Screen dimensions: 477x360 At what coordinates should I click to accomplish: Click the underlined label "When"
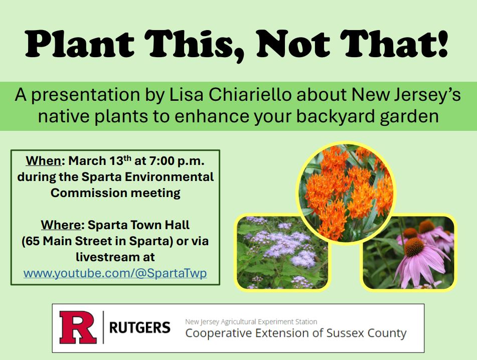coord(44,161)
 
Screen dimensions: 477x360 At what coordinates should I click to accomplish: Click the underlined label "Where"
coord(61,225)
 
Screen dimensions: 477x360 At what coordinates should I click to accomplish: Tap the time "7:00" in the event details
coord(162,161)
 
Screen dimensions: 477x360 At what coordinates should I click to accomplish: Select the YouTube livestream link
coord(115,273)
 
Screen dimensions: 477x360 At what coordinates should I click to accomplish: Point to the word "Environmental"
coord(169,177)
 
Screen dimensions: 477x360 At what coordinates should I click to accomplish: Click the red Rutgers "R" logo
coord(78,327)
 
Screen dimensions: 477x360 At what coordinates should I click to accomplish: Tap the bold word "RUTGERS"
coord(139,328)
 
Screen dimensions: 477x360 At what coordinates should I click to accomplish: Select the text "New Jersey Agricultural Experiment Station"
coord(251,321)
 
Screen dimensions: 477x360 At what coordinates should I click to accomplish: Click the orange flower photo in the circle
coord(346,193)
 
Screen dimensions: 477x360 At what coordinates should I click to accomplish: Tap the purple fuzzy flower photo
coord(281,252)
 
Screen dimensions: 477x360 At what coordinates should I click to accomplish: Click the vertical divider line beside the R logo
coord(103,327)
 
